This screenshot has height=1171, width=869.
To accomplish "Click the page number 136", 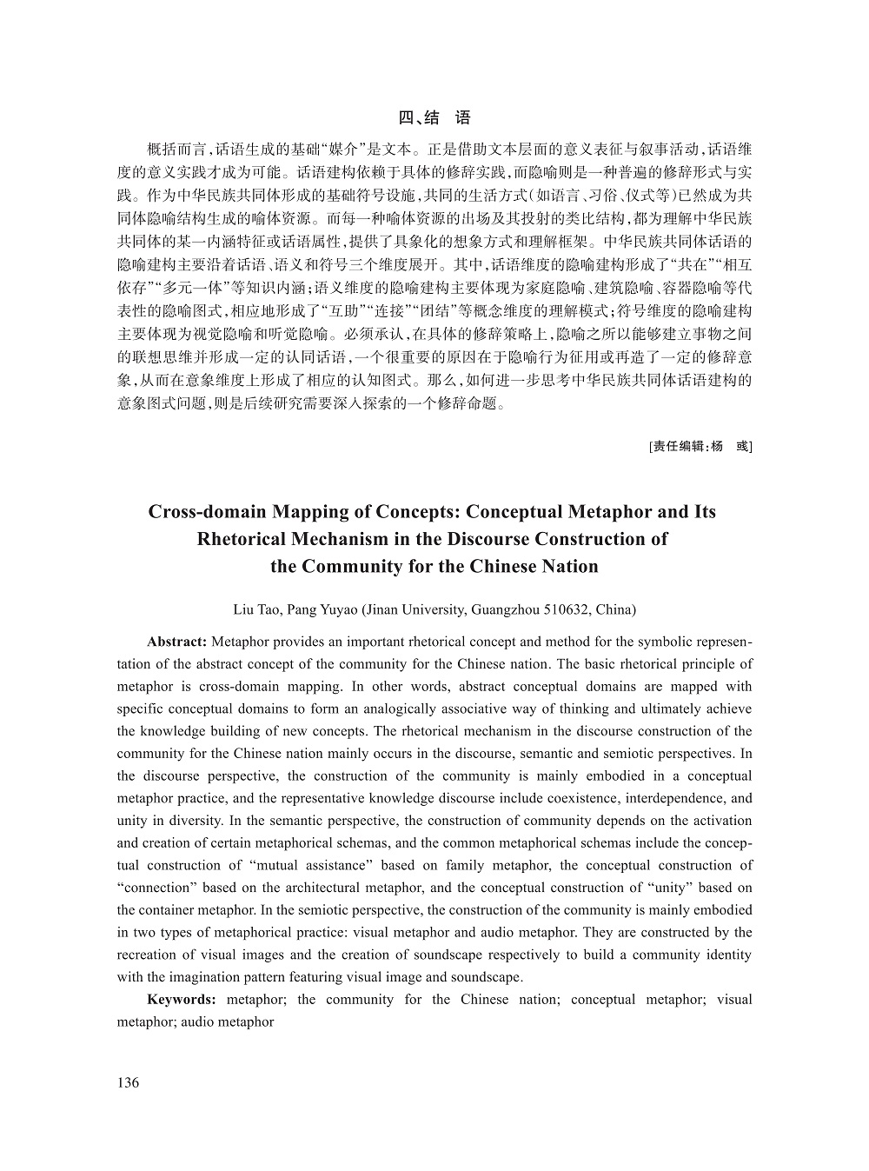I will point(128,1082).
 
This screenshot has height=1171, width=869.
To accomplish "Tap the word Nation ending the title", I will point(567,567).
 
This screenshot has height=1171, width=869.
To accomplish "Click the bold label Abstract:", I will point(176,642).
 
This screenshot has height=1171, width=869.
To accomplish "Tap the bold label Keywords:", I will point(181,1000).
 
